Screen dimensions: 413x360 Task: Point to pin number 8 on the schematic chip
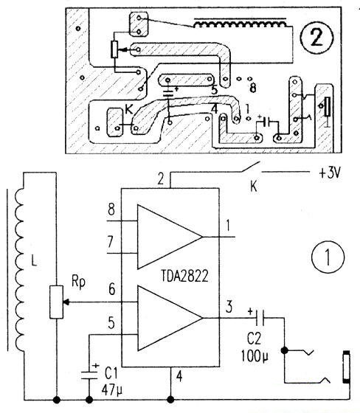coord(111,209)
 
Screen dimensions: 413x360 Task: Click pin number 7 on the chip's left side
coord(111,240)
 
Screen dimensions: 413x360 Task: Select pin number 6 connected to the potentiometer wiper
coord(111,292)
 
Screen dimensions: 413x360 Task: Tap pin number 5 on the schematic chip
coord(111,322)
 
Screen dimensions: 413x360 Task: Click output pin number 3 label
coord(229,305)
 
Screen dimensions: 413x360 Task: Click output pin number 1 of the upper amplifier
coord(229,224)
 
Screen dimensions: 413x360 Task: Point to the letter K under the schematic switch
coord(255,187)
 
